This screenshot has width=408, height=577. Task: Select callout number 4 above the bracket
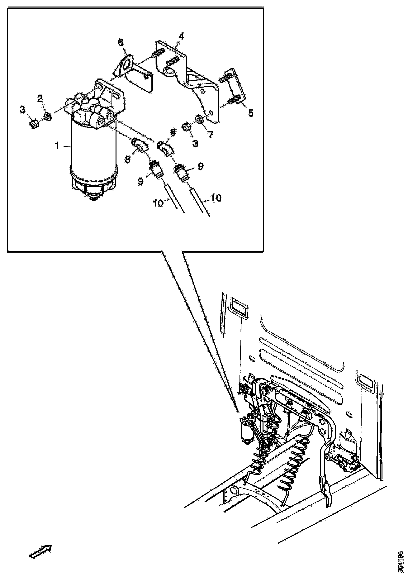click(181, 36)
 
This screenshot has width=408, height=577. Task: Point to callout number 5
click(250, 113)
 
